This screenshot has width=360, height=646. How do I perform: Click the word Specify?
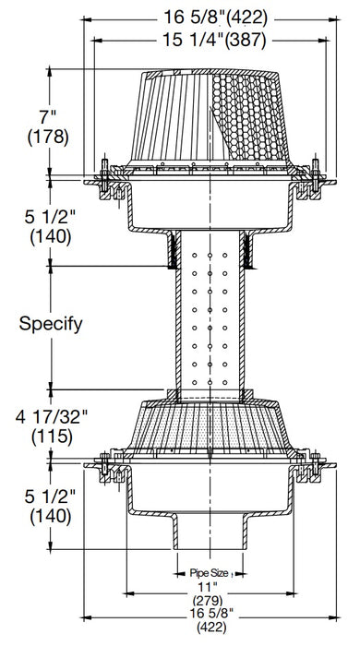coord(54,324)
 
